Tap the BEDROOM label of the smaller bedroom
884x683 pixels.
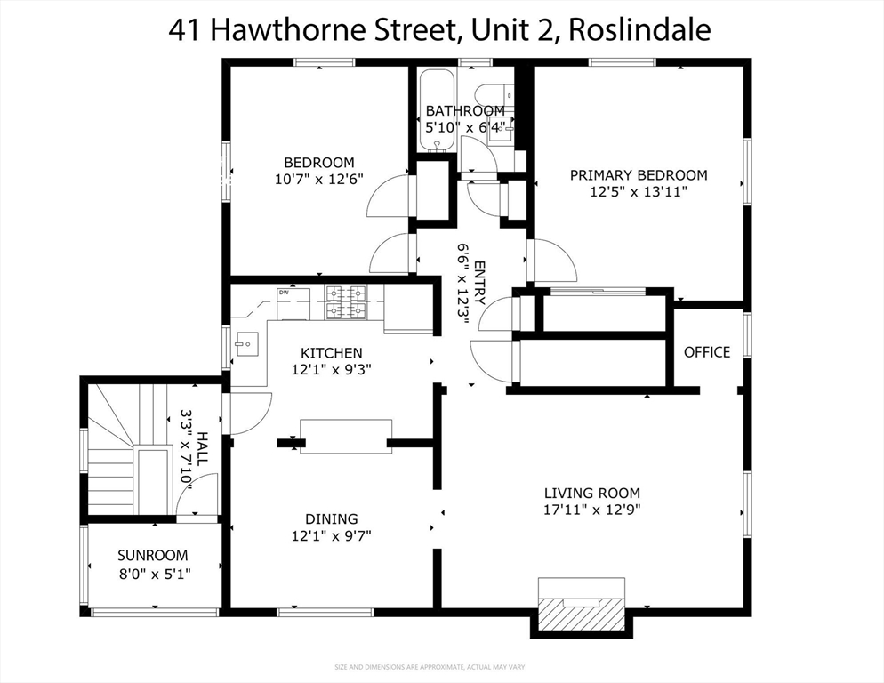pos(318,163)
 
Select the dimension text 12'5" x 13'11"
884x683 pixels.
pos(639,191)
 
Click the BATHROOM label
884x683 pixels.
pos(464,111)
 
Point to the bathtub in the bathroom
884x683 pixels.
pos(438,108)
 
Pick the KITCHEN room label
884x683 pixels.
pos(331,353)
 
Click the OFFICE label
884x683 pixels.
pos(707,352)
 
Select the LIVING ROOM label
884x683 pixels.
pos(592,494)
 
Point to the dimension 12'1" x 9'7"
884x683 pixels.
pos(331,535)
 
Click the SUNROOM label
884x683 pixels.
pos(153,556)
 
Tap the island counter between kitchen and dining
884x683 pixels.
pos(345,436)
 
